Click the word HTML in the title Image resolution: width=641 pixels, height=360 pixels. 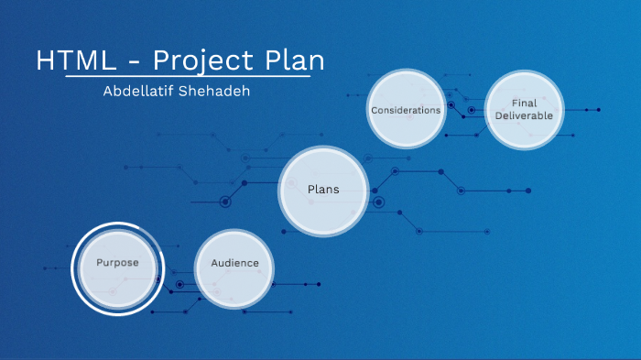coord(77,60)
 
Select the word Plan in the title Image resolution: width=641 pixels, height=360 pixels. coord(293,60)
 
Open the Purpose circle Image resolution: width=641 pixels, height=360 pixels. coord(118,267)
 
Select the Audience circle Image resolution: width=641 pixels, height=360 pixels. coord(234,268)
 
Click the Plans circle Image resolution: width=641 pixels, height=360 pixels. coord(323,191)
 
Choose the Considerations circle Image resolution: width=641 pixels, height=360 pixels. coord(406,109)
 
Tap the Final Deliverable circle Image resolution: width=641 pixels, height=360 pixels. coord(524,110)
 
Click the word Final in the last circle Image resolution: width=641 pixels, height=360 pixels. coord(524,104)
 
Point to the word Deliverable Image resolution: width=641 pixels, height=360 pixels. coord(524,116)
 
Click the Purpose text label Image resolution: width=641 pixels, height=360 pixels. coord(118,263)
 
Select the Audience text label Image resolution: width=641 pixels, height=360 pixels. coord(234,264)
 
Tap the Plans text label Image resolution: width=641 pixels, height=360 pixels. coord(323,190)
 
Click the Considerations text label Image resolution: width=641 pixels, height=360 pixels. coord(406,110)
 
